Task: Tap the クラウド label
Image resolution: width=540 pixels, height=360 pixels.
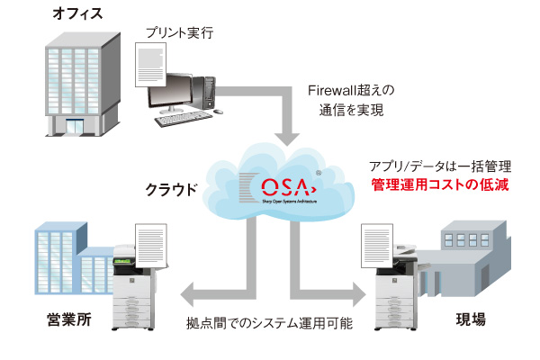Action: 172,190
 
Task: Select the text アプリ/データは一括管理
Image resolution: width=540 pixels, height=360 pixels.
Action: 440,166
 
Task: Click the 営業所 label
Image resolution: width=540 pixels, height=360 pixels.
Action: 68,319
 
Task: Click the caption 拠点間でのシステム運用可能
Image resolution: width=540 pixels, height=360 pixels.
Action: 269,322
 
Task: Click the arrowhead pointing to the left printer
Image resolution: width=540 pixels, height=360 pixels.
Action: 191,296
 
